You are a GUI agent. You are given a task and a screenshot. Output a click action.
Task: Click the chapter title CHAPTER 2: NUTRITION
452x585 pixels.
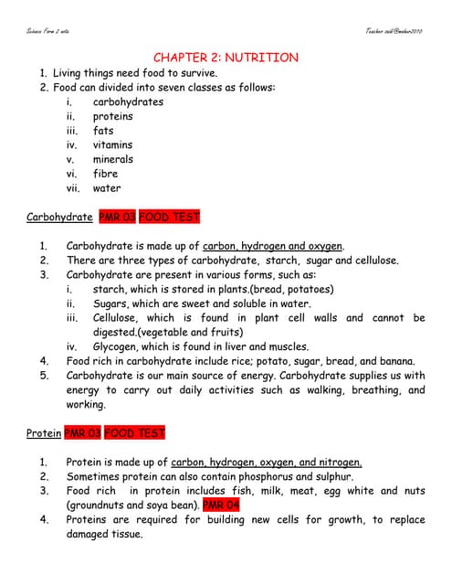click(x=226, y=58)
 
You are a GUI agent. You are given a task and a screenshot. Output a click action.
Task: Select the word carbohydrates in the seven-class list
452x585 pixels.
click(x=128, y=101)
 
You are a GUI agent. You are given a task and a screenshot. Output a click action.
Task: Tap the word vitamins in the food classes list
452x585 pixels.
click(x=112, y=144)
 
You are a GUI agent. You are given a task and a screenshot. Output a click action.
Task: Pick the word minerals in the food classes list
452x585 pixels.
click(x=112, y=159)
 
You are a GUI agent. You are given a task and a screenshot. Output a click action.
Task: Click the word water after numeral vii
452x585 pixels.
click(x=106, y=188)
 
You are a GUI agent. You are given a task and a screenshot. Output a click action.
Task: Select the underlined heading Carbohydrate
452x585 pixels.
click(x=59, y=218)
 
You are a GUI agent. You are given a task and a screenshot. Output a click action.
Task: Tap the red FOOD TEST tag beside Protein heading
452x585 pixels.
click(x=134, y=433)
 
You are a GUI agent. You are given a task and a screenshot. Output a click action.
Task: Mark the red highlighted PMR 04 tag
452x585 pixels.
click(x=221, y=505)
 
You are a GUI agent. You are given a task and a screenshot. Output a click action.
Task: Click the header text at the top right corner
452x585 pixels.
click(x=394, y=31)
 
